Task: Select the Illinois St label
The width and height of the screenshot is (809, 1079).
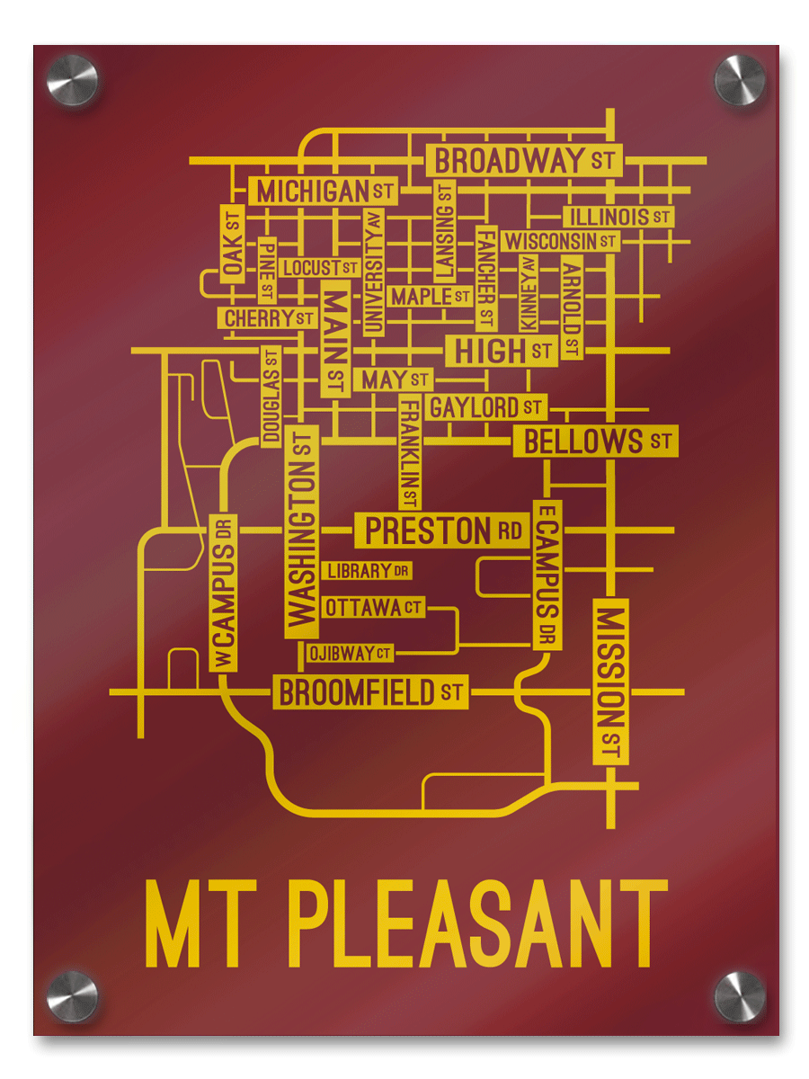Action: [618, 217]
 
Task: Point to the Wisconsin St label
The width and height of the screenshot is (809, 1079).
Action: [560, 241]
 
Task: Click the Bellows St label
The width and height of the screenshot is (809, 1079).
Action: [596, 441]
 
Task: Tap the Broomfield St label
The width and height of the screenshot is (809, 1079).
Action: [369, 692]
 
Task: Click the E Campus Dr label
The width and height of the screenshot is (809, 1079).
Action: [547, 575]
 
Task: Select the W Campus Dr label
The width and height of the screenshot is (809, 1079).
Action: [223, 593]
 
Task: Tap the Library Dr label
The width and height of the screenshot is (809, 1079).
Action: [368, 571]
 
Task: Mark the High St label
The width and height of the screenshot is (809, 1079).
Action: [502, 351]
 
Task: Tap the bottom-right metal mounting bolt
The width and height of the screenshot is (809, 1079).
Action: [739, 996]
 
